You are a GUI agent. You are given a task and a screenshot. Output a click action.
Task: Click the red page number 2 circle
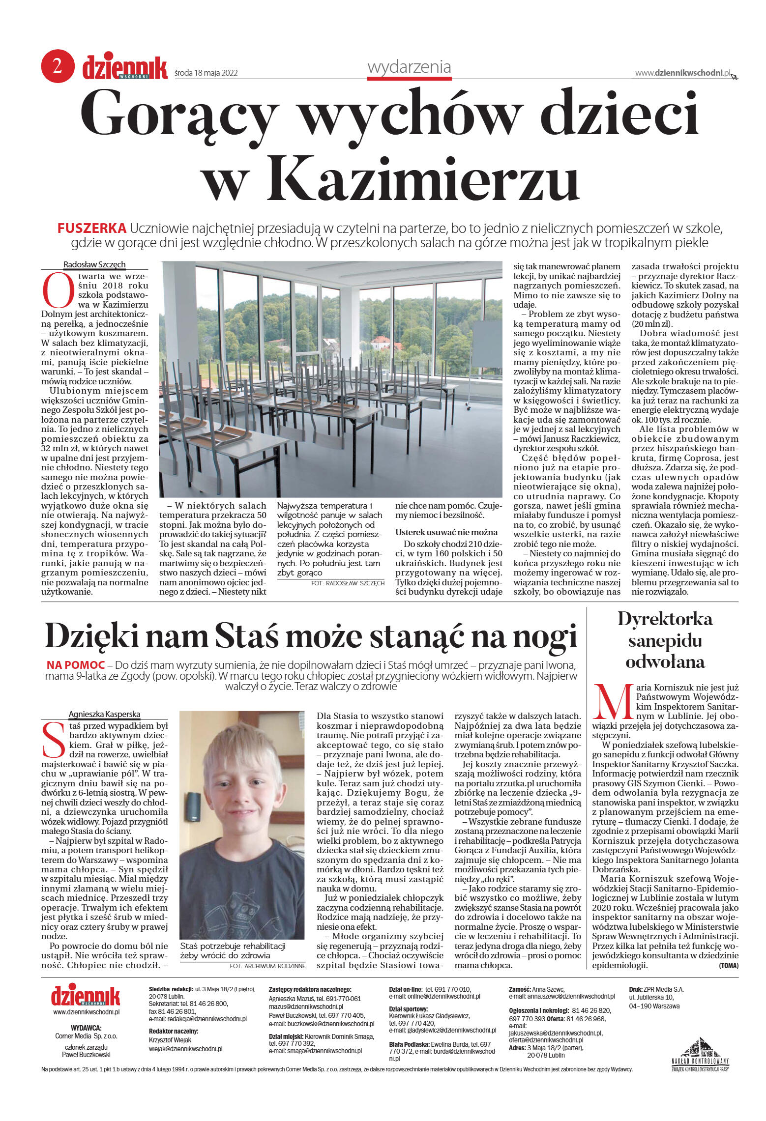(58, 66)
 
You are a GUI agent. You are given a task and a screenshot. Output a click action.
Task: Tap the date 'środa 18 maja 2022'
(206, 73)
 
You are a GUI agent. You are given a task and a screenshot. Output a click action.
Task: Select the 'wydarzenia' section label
(409, 67)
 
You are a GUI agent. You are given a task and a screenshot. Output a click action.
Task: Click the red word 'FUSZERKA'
(92, 229)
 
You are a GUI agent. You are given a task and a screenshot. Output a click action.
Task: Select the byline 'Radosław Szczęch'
(94, 264)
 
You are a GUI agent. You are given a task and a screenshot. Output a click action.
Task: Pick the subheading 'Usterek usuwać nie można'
(446, 532)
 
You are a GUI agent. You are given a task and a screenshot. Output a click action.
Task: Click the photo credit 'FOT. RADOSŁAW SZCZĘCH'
(348, 583)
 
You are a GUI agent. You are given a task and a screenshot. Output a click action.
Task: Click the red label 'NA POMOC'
(76, 665)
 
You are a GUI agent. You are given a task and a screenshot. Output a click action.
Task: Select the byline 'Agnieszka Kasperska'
(104, 714)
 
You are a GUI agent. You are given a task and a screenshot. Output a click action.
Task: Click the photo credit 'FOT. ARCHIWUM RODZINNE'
(267, 966)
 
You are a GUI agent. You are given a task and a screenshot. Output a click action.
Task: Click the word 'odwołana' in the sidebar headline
(665, 662)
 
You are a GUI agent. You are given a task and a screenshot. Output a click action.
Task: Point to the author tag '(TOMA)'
(728, 965)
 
